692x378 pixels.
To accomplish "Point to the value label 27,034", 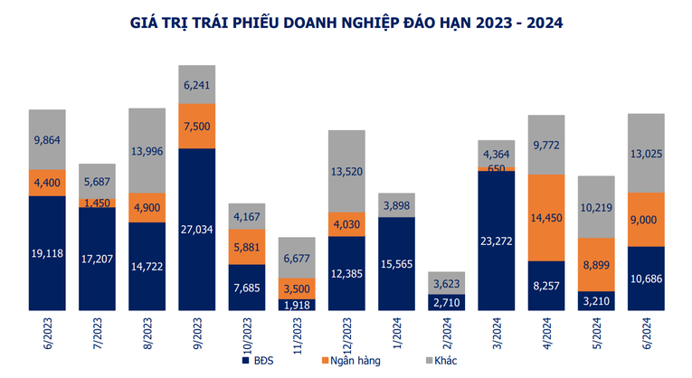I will pos(197,231).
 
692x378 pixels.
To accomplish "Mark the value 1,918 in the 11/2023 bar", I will pos(297,305).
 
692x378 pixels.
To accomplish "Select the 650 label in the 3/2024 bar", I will pos(496,167).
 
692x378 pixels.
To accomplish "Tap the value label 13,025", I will pos(646,152).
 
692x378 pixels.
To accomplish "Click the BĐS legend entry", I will pos(259,361).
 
